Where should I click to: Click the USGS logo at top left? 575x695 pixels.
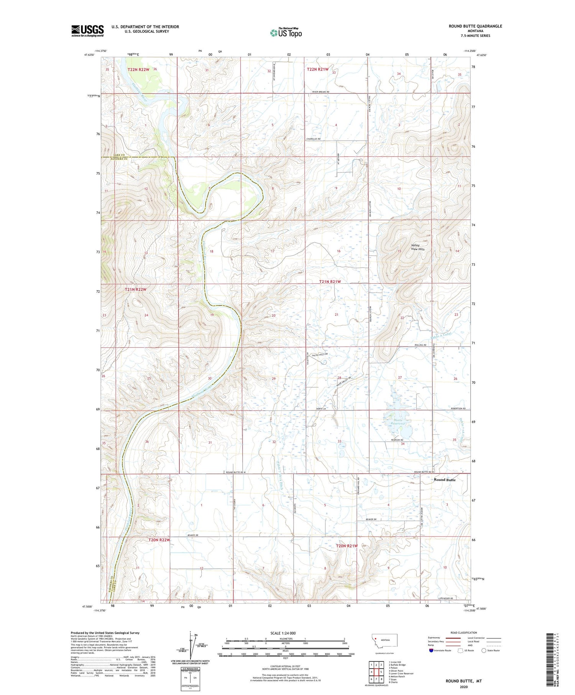[x=87, y=31]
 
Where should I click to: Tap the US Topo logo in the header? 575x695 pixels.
[x=286, y=33]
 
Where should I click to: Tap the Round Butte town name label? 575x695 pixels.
[x=445, y=480]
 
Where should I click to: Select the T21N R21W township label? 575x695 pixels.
[x=330, y=282]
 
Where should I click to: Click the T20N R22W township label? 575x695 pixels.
[x=159, y=540]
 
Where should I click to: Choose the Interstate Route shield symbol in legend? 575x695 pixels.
[x=431, y=651]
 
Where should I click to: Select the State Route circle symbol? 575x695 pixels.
[x=484, y=651]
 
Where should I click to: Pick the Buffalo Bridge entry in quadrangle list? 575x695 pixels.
[x=397, y=665]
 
